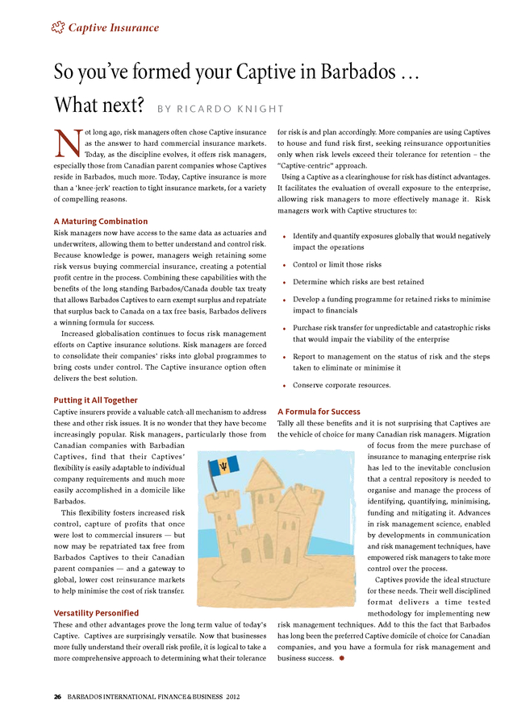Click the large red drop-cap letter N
point(64,144)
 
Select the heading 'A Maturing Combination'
point(100,221)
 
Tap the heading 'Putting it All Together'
point(95,400)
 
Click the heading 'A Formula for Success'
point(319,411)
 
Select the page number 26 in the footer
point(57,696)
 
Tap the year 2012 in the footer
point(232,696)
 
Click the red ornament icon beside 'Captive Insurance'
point(57,28)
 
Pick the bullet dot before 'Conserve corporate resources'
point(285,386)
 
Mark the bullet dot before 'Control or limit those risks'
point(285,265)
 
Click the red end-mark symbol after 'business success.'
point(342,659)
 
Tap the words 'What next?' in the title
point(98,106)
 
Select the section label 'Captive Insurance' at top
point(113,28)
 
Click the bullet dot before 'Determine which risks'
point(285,284)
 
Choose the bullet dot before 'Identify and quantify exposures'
point(285,237)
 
